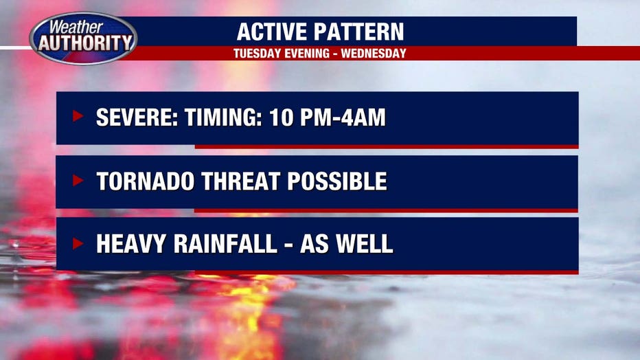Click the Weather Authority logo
pyautogui.click(x=83, y=38)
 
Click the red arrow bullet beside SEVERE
pyautogui.click(x=78, y=116)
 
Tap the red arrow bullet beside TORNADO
pyautogui.click(x=78, y=180)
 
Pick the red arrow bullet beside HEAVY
pyautogui.click(x=78, y=244)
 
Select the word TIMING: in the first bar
pyautogui.click(x=223, y=117)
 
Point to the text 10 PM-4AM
pyautogui.click(x=328, y=117)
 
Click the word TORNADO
pyautogui.click(x=146, y=181)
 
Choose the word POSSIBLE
pyautogui.click(x=337, y=181)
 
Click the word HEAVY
pyautogui.click(x=131, y=244)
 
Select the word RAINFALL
pyautogui.click(x=226, y=244)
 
